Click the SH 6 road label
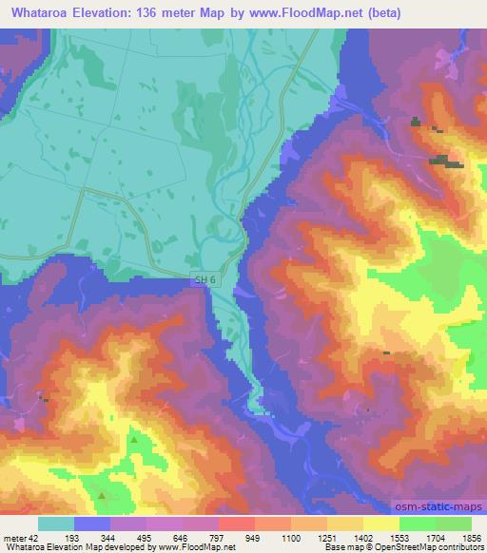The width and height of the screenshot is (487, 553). coord(200,277)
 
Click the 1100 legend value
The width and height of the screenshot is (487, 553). coord(297,537)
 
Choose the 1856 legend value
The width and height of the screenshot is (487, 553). coord(470,537)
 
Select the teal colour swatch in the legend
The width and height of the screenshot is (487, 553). coord(55,524)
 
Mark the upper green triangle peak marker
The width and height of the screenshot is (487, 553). coord(134,440)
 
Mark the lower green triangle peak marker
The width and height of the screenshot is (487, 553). coord(103,495)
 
